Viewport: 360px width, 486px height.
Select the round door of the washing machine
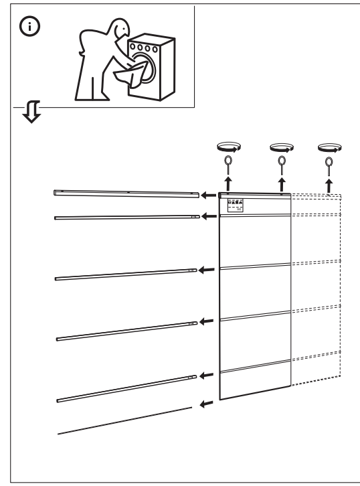click(151, 72)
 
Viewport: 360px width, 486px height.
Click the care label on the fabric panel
click(236, 205)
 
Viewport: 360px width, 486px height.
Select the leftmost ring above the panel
click(228, 161)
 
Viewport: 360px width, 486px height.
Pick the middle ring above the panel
click(282, 161)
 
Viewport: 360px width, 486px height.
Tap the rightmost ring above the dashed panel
click(329, 161)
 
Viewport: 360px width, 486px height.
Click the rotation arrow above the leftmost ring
click(228, 146)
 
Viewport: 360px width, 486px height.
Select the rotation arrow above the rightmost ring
click(329, 146)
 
